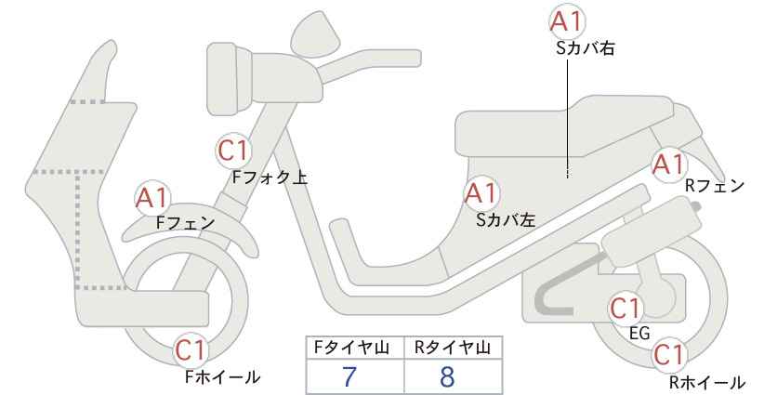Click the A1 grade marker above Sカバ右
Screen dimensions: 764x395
pyautogui.click(x=567, y=21)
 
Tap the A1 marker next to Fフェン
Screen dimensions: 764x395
pyautogui.click(x=152, y=198)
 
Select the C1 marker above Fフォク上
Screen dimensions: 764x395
pyautogui.click(x=234, y=151)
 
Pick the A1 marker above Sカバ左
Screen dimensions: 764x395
pyautogui.click(x=481, y=193)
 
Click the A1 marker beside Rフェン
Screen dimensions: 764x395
pyautogui.click(x=670, y=165)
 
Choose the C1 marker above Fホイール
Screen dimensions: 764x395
pyautogui.click(x=191, y=349)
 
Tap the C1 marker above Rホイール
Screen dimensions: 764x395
pyautogui.click(x=669, y=355)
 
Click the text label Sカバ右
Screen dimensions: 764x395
pyautogui.click(x=585, y=47)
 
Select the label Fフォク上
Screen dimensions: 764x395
pyautogui.click(x=270, y=177)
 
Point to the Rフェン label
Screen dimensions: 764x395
pyautogui.click(x=715, y=186)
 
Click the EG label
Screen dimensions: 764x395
pyautogui.click(x=639, y=334)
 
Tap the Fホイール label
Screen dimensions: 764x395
pyautogui.click(x=222, y=376)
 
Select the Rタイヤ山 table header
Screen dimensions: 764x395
pyautogui.click(x=453, y=348)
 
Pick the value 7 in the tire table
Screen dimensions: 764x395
pyautogui.click(x=349, y=376)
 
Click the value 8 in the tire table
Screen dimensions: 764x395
pyautogui.click(x=447, y=376)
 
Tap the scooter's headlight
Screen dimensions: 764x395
pyautogui.click(x=230, y=78)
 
